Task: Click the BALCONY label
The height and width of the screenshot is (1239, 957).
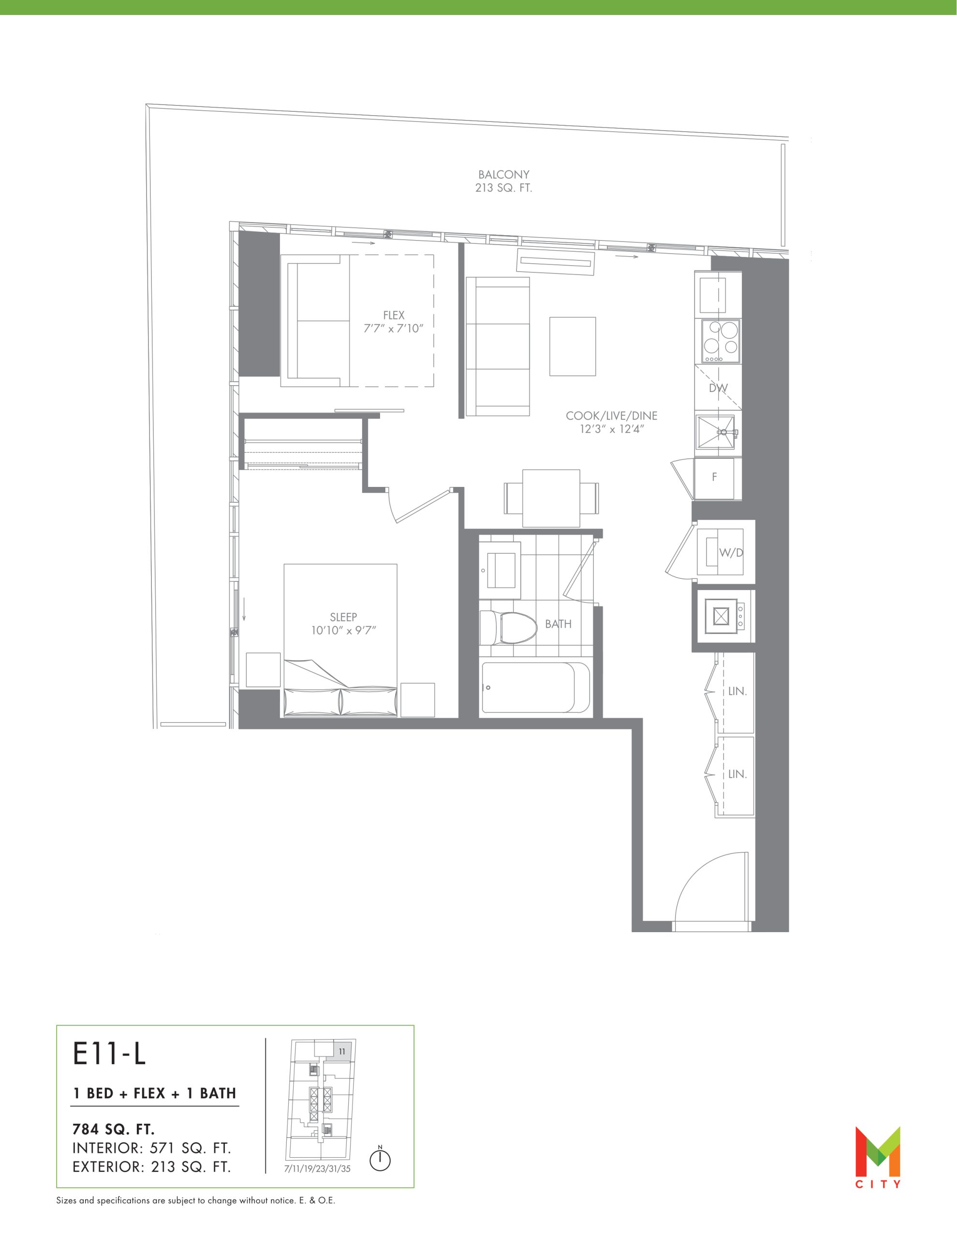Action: click(503, 175)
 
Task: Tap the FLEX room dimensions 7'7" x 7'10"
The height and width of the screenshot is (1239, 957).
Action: click(394, 329)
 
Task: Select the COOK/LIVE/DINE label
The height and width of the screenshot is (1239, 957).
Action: click(612, 416)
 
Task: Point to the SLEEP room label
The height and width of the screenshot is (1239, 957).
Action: click(343, 617)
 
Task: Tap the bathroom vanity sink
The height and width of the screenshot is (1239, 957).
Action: click(500, 570)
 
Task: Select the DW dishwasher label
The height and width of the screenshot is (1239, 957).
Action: click(718, 389)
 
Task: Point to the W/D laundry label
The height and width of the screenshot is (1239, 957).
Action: click(731, 553)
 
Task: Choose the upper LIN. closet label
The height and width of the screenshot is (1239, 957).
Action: click(737, 692)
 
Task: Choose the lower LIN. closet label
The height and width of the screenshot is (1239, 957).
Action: click(737, 774)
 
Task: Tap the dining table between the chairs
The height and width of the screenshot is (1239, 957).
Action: click(551, 498)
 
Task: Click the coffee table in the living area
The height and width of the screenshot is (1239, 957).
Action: click(573, 346)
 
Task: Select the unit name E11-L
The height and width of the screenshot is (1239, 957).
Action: click(109, 1054)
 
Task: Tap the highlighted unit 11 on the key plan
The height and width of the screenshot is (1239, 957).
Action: click(342, 1051)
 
